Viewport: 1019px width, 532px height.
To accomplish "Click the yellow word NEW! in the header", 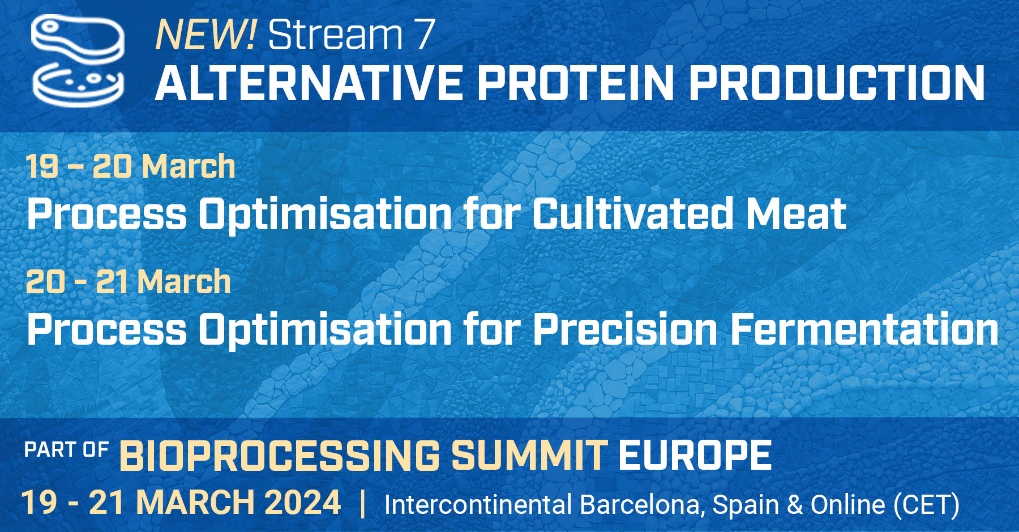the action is (x=205, y=35).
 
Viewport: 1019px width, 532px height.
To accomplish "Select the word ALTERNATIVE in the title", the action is (x=309, y=83).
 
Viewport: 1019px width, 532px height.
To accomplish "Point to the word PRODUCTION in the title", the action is (x=837, y=83).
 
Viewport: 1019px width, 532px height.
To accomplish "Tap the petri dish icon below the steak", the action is (x=78, y=85).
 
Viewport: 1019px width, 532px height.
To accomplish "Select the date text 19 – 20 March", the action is (x=130, y=166).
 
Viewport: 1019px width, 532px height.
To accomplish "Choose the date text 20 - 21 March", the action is (x=129, y=282).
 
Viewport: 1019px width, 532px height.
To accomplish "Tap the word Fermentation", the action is (x=865, y=329).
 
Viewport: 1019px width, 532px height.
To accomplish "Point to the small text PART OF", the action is (x=66, y=450).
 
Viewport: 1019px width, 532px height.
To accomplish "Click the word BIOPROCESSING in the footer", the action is (x=280, y=456).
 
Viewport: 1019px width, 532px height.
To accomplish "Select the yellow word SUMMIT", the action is (x=529, y=456).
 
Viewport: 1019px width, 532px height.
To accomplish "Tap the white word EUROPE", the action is (x=695, y=456).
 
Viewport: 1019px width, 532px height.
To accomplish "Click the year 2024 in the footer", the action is (x=302, y=503).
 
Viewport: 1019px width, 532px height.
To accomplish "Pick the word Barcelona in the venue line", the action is (x=642, y=505).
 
